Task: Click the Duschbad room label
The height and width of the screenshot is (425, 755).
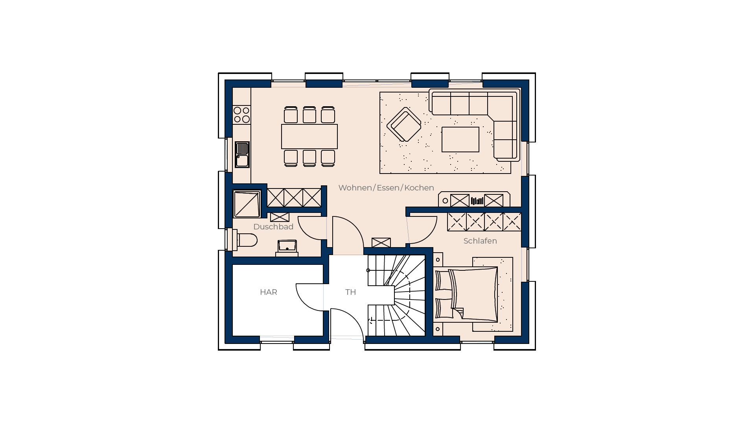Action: tap(273, 227)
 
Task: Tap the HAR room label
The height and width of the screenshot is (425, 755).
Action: tap(269, 292)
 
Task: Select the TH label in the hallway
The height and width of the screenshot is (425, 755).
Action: tap(350, 292)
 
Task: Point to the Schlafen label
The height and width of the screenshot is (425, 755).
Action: tap(480, 241)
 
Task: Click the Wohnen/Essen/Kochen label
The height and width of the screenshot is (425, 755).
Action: tap(386, 188)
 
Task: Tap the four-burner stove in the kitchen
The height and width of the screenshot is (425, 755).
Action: tap(241, 115)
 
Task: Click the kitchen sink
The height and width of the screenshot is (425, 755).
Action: tap(242, 155)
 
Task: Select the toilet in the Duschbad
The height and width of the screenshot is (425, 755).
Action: tap(245, 240)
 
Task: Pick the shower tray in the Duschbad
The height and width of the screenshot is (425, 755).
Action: tap(247, 204)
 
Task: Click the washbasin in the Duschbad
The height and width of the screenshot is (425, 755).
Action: tap(287, 246)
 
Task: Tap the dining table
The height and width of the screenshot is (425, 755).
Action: tap(309, 137)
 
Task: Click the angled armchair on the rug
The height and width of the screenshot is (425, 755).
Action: tap(404, 124)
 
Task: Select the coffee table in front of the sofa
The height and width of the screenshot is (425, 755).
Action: tap(460, 139)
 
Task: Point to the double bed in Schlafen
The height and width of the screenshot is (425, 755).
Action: tap(466, 294)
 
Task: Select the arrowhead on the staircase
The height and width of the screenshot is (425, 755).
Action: tap(370, 321)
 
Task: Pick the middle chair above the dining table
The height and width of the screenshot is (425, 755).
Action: tap(309, 115)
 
